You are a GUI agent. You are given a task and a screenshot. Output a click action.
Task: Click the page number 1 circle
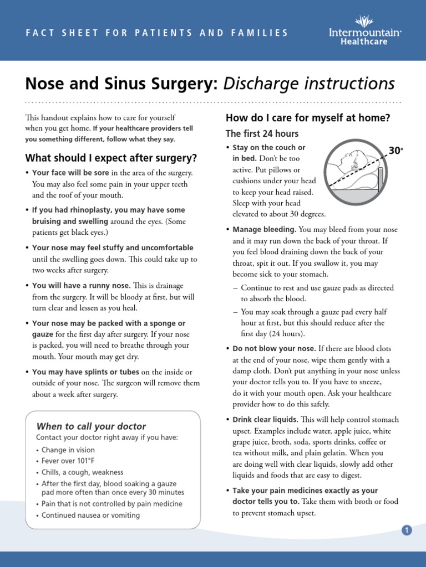point(407,530)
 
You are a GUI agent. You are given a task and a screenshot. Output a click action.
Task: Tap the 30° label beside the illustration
point(395,151)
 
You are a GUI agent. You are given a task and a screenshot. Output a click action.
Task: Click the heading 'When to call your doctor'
point(91,426)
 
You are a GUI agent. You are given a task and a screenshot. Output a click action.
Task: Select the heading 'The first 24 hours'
point(262,133)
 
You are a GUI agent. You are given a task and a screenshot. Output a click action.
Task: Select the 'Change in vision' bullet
point(68,450)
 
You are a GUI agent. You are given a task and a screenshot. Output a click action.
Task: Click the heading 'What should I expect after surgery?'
point(111,158)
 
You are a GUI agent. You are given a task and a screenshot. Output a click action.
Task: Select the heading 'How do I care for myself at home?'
point(308,118)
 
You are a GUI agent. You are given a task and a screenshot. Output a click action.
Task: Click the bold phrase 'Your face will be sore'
point(70,173)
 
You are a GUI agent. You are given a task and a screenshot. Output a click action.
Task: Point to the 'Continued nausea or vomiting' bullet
point(90,515)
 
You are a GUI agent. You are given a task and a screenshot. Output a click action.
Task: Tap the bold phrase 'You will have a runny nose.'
point(82,286)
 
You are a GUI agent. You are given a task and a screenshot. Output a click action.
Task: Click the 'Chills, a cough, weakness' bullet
point(82,472)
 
